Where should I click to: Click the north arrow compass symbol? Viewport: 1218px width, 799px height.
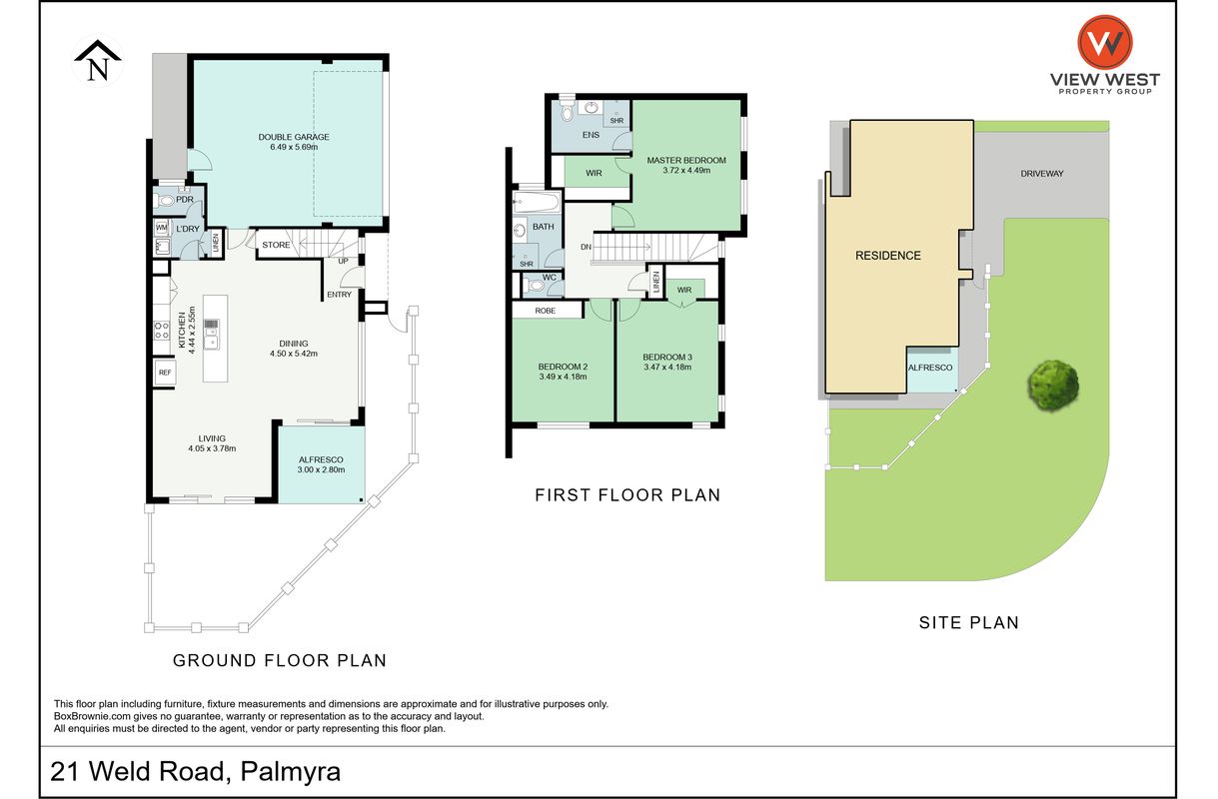[x=98, y=61]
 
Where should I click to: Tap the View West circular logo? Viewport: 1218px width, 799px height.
[x=1105, y=42]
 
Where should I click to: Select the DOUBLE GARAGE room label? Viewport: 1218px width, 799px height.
[x=294, y=137]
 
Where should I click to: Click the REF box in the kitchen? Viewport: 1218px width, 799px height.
[x=165, y=373]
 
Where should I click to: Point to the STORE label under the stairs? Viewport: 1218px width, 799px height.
[x=276, y=245]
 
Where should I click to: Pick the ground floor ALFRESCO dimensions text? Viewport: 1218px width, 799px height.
[x=321, y=469]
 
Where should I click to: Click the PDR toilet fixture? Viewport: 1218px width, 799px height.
[x=164, y=202]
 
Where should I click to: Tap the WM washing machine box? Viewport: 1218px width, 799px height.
[x=162, y=227]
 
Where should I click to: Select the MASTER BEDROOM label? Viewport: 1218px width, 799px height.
[x=686, y=161]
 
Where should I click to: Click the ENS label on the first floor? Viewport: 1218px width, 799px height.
[x=592, y=135]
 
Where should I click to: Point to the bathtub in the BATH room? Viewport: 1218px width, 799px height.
[x=537, y=202]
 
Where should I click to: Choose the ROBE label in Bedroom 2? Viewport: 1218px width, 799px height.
[x=545, y=311]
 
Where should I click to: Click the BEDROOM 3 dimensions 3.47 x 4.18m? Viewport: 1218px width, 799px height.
[x=667, y=367]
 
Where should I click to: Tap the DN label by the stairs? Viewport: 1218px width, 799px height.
[x=586, y=247]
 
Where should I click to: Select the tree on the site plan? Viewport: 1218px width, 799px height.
[x=1053, y=385]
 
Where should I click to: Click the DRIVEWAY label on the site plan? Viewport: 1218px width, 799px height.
[x=1042, y=174]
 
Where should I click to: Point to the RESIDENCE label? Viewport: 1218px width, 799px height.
[x=888, y=256]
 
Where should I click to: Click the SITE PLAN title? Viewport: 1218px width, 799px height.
[x=969, y=623]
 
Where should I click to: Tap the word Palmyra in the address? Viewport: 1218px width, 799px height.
[x=291, y=772]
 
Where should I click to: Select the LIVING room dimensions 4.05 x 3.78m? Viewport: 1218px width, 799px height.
[x=212, y=448]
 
